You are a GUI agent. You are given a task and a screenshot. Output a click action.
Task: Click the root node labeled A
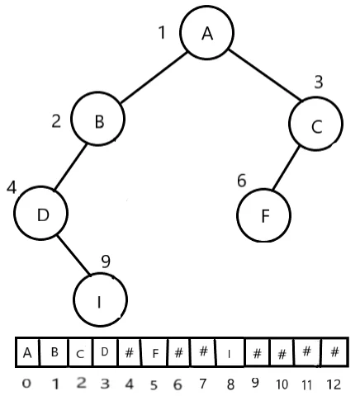[x=207, y=33]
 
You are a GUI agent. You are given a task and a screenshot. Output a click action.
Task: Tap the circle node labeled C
[x=315, y=125]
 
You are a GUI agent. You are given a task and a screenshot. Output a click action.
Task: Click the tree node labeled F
[x=264, y=215]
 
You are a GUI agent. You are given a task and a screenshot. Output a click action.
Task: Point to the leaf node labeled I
[x=100, y=299]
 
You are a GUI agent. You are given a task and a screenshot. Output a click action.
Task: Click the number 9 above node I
[x=106, y=262]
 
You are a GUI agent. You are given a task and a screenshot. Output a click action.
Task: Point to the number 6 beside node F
[x=242, y=180]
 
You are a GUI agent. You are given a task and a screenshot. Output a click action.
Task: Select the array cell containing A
[x=27, y=353]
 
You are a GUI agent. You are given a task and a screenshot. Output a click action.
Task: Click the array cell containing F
[x=155, y=353]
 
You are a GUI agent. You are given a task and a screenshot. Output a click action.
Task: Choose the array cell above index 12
[x=334, y=353]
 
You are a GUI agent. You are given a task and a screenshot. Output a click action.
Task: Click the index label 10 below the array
[x=282, y=384]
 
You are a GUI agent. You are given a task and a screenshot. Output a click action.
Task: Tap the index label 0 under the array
[x=27, y=384]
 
